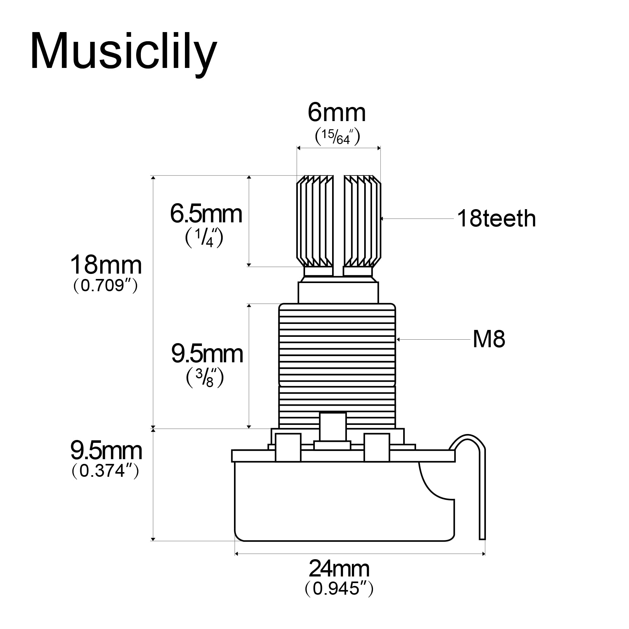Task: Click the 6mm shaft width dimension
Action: [x=337, y=113]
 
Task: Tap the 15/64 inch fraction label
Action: [x=337, y=137]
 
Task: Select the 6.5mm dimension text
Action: [x=206, y=214]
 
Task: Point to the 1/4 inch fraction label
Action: [x=204, y=238]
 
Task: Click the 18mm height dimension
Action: [x=106, y=265]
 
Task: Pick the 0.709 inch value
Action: [x=106, y=286]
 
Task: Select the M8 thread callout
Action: [x=489, y=339]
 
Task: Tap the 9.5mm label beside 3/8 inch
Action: [x=207, y=354]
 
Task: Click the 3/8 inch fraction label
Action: [x=205, y=378]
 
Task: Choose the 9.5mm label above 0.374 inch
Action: [x=106, y=451]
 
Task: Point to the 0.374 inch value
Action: [x=105, y=470]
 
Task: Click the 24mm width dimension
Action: [x=339, y=568]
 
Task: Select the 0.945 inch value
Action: [x=339, y=588]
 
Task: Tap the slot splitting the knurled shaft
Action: [x=339, y=225]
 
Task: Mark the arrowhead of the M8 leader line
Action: [x=398, y=340]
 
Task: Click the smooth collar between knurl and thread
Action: [x=338, y=292]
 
